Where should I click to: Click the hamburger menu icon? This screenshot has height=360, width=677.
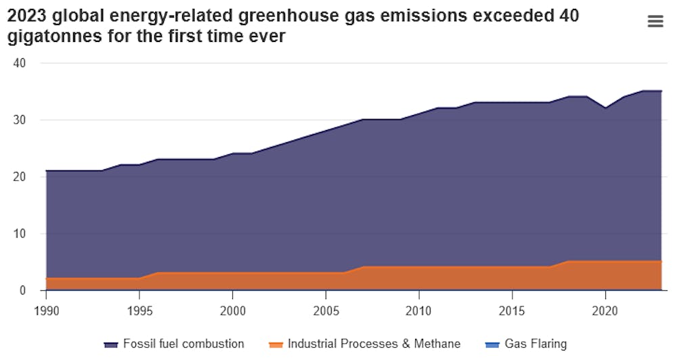point(655,22)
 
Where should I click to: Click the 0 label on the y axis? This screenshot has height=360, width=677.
point(22,290)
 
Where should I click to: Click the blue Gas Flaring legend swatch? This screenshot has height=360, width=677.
point(492,344)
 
